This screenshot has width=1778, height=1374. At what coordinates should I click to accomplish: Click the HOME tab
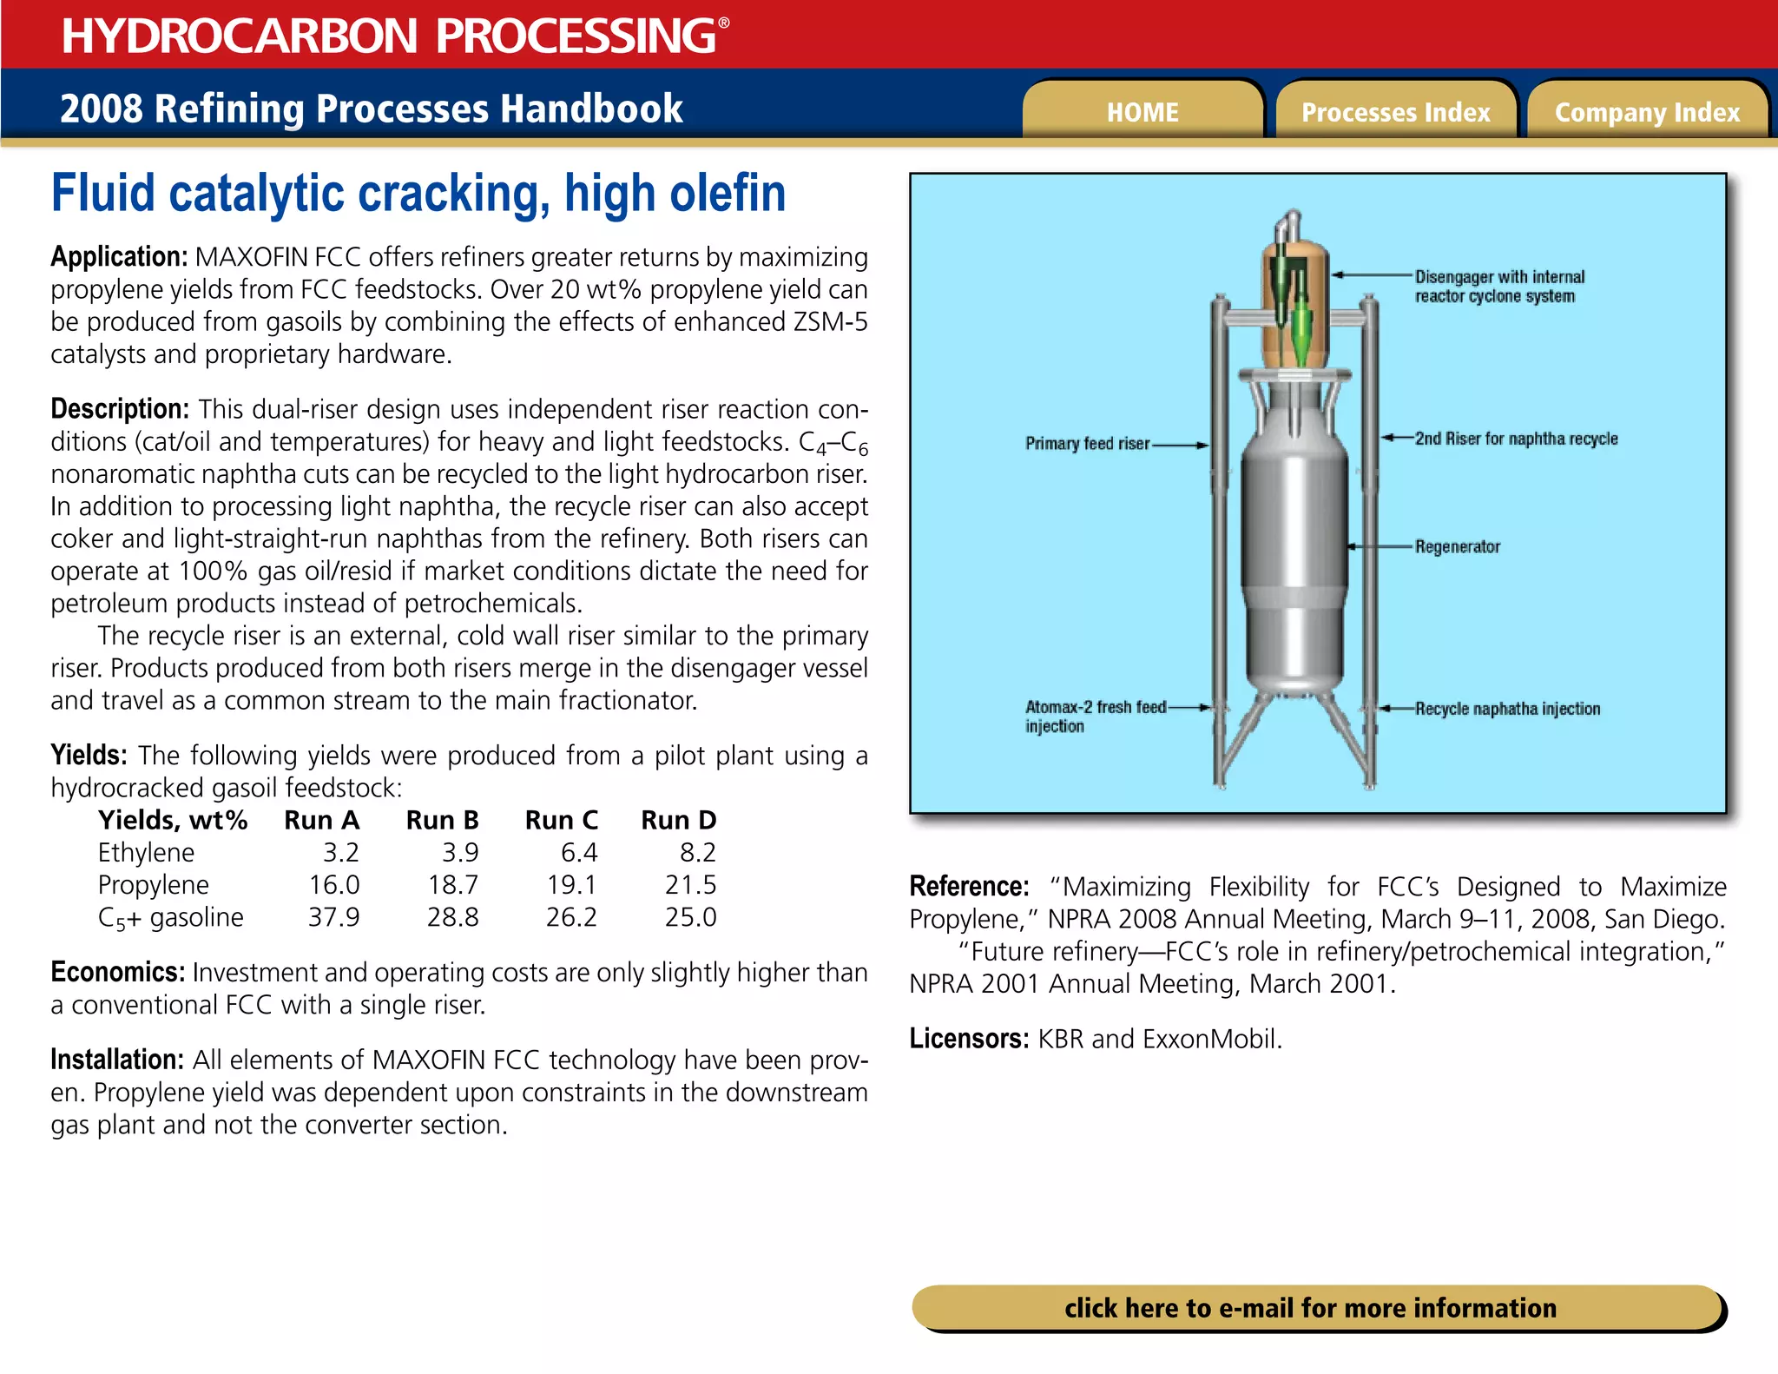[x=1142, y=112]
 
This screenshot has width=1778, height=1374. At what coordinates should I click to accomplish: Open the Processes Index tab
[x=1395, y=112]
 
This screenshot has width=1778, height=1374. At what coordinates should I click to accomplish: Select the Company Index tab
[x=1647, y=112]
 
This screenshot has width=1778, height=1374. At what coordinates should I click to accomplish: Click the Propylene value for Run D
[x=690, y=884]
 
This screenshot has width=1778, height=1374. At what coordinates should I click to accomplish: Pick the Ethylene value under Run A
[x=340, y=852]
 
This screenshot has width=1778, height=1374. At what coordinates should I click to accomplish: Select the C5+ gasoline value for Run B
[x=452, y=917]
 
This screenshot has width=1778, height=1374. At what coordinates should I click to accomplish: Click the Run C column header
[x=561, y=820]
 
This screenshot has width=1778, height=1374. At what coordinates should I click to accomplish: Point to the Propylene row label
[x=153, y=884]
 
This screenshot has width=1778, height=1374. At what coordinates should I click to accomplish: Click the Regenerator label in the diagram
[x=1457, y=546]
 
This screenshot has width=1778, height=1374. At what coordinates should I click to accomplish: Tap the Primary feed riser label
[x=1087, y=444]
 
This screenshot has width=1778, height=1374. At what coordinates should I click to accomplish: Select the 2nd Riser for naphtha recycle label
[x=1516, y=439]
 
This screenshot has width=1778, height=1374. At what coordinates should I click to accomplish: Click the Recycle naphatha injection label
[x=1507, y=709]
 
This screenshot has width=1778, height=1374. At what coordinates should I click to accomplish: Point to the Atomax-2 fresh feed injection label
[x=1095, y=716]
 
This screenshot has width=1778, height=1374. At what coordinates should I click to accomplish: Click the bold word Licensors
[x=968, y=1038]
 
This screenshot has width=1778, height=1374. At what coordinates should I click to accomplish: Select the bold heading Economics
[x=117, y=972]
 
